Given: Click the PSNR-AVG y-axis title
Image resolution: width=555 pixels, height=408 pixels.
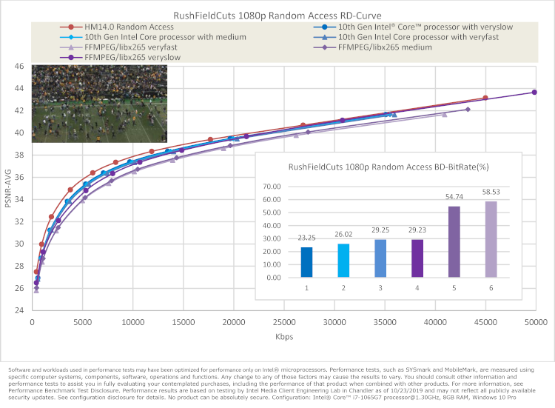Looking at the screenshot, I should (8, 188).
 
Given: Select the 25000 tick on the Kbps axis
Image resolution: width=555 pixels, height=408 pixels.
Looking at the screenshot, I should (283, 324).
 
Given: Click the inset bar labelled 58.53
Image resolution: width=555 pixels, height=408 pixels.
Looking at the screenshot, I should (491, 239).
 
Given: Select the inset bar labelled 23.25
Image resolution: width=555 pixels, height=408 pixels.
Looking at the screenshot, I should (306, 262).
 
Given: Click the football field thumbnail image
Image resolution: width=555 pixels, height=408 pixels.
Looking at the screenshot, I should (99, 104).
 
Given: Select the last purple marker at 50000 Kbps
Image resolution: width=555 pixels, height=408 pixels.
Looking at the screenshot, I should (534, 93).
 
